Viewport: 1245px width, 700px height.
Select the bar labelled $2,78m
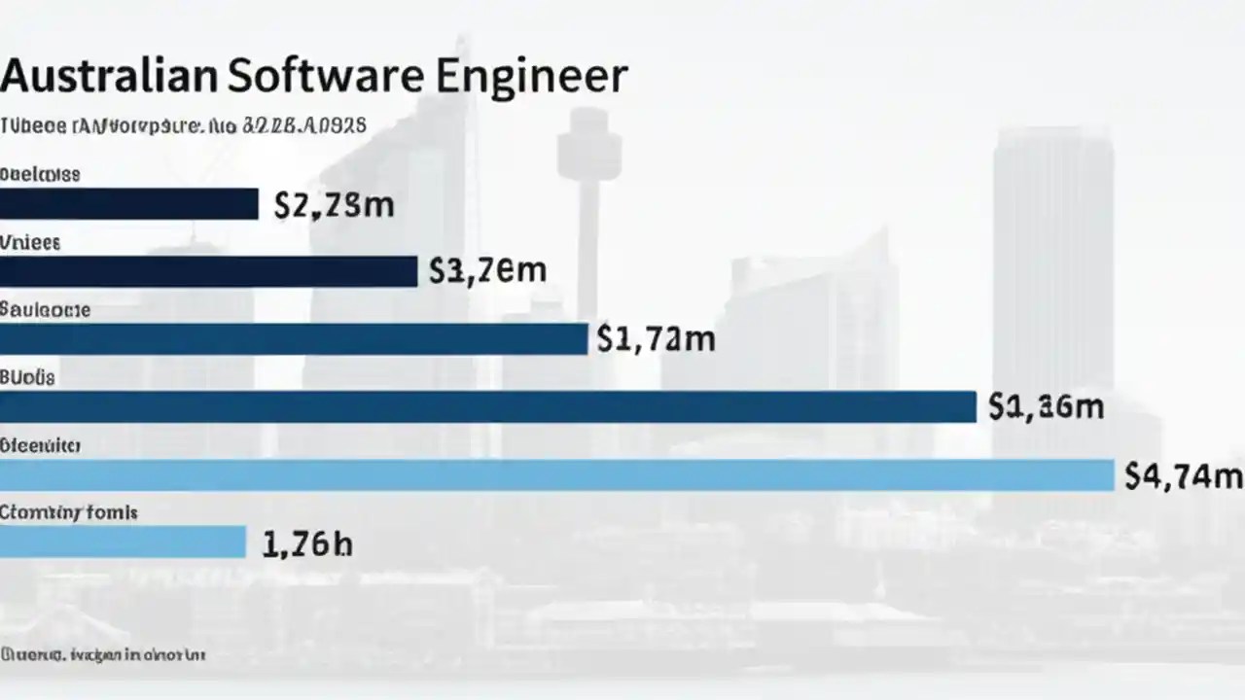pos(128,204)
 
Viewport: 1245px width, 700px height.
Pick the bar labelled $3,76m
pos(208,271)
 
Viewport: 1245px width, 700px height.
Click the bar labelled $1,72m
pos(294,338)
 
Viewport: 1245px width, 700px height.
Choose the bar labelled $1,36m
pos(487,406)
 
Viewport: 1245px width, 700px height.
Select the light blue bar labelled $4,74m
pos(556,474)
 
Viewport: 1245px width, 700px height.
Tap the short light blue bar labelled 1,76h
pos(123,542)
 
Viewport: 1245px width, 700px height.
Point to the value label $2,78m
pos(334,205)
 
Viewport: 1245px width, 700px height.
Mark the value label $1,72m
pos(657,338)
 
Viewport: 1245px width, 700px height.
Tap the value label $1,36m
pos(1046,406)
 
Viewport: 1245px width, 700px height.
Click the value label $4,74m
pos(1183,475)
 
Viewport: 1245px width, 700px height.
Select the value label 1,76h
pos(306,543)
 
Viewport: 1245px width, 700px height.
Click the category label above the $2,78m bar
pos(40,175)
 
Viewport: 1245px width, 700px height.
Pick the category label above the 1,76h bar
pos(68,512)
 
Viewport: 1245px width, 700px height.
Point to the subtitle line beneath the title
pos(183,125)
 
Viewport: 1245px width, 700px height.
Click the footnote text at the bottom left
pos(103,655)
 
